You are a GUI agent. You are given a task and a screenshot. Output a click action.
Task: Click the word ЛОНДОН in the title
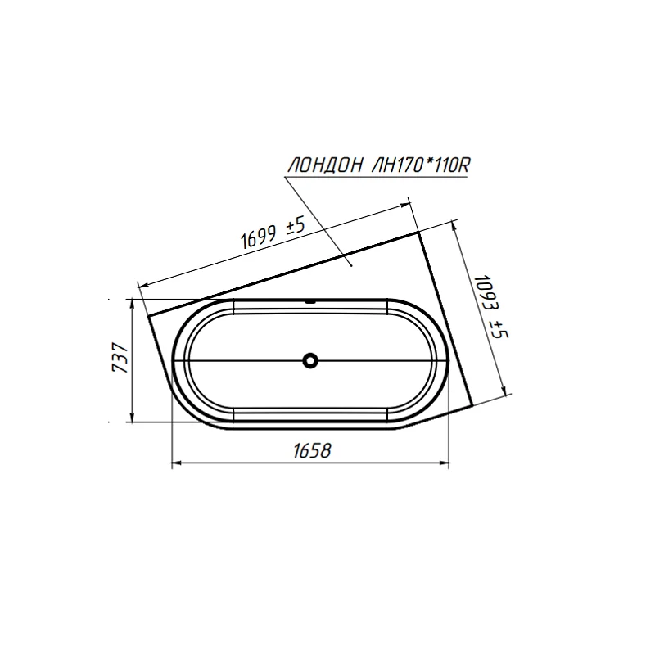pos(325,165)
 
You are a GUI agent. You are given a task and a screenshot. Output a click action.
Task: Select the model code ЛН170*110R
pos(421,165)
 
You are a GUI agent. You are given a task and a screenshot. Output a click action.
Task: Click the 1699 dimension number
pos(259,237)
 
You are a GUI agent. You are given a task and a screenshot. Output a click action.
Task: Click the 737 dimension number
pos(120,358)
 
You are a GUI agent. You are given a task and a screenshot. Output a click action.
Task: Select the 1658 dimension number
pos(312,451)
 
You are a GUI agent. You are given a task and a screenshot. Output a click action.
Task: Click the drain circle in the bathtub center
pos(310,360)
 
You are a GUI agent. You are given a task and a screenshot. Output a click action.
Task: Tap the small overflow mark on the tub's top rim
pos(310,300)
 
